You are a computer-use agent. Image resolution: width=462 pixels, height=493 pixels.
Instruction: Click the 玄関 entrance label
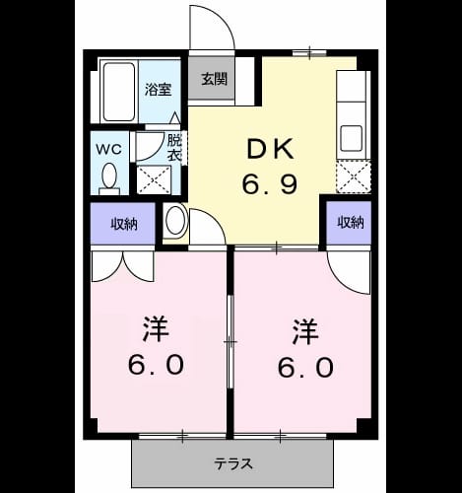(x=214, y=79)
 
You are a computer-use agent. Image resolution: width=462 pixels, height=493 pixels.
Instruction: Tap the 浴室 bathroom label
(x=159, y=89)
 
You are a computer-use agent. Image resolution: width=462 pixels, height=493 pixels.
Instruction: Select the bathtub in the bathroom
(x=119, y=93)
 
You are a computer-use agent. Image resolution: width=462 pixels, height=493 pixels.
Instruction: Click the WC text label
(x=108, y=150)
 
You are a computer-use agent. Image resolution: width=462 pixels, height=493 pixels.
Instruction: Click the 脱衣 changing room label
(x=174, y=148)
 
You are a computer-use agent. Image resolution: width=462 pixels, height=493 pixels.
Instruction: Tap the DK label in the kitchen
(x=270, y=149)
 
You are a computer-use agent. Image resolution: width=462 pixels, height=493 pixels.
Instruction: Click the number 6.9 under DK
(x=270, y=183)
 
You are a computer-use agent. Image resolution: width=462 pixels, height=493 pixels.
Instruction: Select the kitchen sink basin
(x=352, y=138)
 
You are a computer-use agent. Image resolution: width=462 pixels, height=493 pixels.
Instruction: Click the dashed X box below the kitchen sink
(x=354, y=176)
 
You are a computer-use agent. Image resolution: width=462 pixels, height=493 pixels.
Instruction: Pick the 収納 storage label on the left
(x=123, y=224)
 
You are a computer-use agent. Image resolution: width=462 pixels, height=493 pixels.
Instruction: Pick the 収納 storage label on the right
(x=351, y=223)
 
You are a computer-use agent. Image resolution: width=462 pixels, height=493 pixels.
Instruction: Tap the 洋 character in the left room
(x=156, y=329)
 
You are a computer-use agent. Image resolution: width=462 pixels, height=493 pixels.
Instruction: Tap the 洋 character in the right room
(x=305, y=331)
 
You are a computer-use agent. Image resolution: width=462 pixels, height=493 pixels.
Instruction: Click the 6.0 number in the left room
(x=156, y=365)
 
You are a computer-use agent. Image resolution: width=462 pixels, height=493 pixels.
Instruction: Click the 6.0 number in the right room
(x=305, y=367)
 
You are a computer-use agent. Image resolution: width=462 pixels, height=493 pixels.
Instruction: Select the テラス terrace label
(x=233, y=464)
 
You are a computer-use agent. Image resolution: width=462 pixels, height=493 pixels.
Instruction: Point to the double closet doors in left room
(x=123, y=266)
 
